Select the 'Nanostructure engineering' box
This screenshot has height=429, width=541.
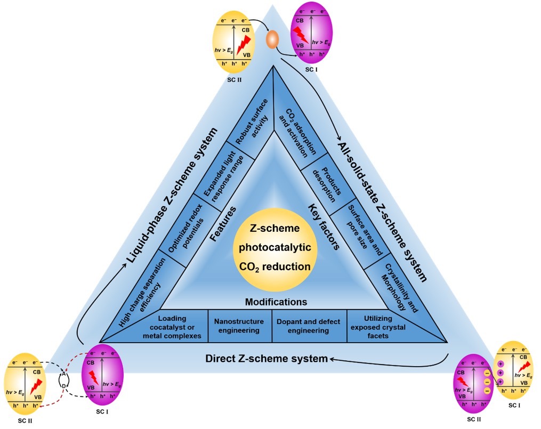(239, 326)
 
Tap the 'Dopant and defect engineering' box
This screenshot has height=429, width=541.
(309, 326)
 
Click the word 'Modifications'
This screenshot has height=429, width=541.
(276, 302)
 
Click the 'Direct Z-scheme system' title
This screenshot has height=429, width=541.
(267, 359)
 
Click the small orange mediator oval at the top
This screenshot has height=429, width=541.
(272, 39)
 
